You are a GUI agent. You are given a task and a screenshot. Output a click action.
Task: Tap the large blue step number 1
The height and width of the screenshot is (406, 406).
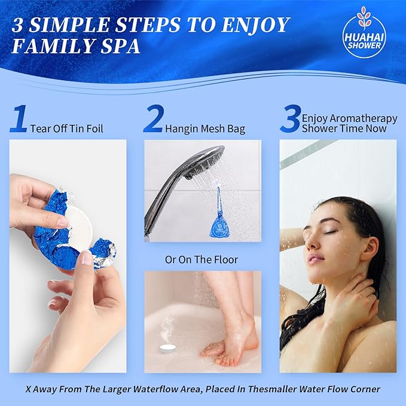click(19, 119)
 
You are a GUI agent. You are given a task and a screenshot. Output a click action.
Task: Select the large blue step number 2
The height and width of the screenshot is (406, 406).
click(153, 119)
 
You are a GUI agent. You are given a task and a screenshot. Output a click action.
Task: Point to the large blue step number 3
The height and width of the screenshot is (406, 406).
click(289, 119)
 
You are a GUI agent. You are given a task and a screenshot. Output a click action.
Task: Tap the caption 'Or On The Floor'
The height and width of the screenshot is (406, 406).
click(202, 260)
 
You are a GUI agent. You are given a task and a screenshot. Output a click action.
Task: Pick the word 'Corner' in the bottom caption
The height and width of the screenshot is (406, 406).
click(364, 389)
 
